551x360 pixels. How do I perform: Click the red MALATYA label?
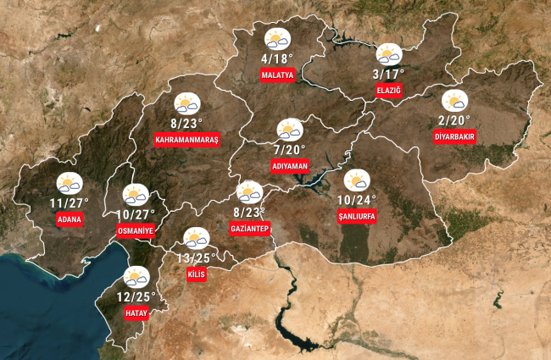(277, 75)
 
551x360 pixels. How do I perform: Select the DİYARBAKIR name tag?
(454, 136)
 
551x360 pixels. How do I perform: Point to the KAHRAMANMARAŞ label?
(187, 139)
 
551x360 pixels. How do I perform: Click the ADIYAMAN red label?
(289, 166)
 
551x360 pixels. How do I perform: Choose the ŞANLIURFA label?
(356, 217)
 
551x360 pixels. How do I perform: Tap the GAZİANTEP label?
(249, 229)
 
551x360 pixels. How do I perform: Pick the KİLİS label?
(196, 274)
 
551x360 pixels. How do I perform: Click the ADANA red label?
(69, 220)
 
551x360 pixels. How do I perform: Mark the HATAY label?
(136, 313)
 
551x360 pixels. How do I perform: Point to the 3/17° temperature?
(387, 74)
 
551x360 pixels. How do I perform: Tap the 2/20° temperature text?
(454, 119)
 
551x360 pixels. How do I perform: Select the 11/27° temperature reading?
(70, 203)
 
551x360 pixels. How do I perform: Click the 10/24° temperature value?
(356, 201)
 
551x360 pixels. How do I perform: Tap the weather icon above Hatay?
(136, 277)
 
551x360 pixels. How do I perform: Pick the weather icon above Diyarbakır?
(454, 100)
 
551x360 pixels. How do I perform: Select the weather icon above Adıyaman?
(290, 130)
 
